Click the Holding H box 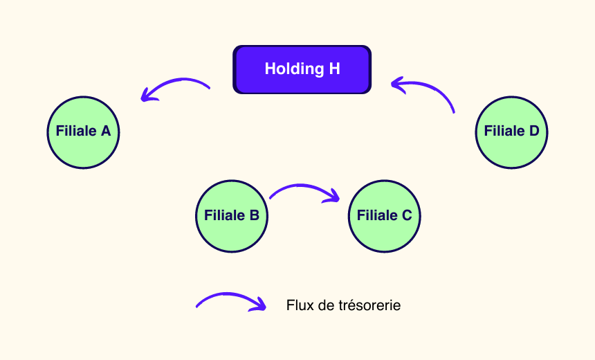302,69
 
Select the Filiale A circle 83,132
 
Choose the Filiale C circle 384,215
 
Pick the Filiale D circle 511,132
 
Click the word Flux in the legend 298,305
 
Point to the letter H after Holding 335,69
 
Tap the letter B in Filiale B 254,215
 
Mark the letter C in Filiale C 407,215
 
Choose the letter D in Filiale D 534,132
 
